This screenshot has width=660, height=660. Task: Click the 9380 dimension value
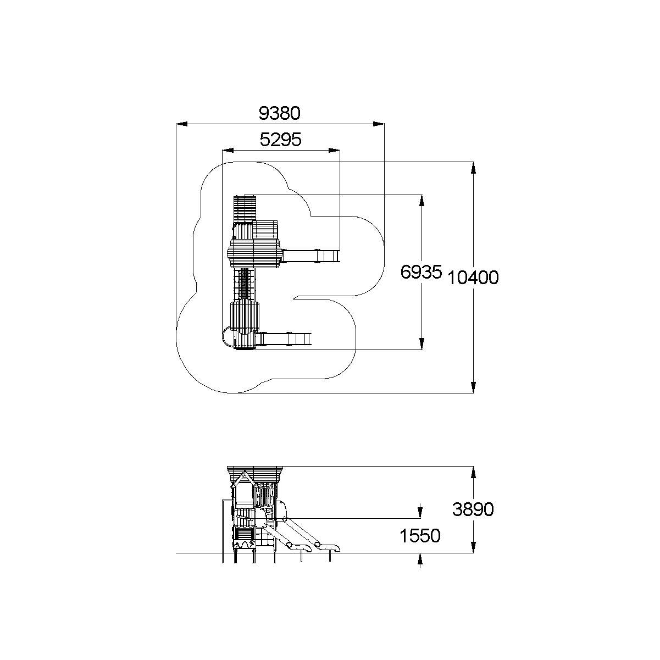point(279,113)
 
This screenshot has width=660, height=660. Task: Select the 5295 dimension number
point(280,140)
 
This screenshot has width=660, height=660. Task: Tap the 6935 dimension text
point(421,272)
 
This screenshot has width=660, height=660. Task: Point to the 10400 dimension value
point(473,278)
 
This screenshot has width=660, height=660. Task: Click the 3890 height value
point(473,509)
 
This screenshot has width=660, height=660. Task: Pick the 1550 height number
point(420,536)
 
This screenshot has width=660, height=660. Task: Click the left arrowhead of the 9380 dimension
point(182,124)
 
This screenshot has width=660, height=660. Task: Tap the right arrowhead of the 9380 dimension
point(379,124)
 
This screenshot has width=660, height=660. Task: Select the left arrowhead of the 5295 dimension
point(228,151)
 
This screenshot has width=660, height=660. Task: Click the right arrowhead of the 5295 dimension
point(334,151)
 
